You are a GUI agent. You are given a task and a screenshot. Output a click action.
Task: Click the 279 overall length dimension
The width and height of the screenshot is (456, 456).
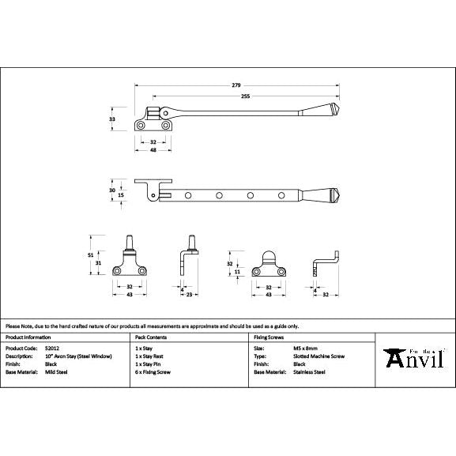click(x=236, y=85)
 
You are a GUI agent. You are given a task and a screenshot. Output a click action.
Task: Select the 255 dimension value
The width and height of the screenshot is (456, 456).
click(x=247, y=96)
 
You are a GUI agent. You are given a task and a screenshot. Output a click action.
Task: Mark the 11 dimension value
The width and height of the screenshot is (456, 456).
click(x=238, y=271)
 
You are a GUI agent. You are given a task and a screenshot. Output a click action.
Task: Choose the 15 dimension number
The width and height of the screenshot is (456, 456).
click(x=122, y=195)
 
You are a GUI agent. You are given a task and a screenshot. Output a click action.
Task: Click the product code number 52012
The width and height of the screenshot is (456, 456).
click(x=54, y=348)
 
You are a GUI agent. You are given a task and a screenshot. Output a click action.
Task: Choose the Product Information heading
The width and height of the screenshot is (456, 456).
click(x=28, y=337)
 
